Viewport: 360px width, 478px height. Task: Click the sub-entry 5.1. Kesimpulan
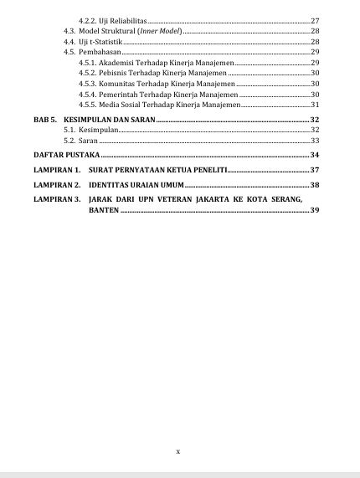pos(90,132)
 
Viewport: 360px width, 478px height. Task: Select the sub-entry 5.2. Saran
pos(82,143)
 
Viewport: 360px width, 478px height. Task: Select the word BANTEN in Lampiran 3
pos(103,210)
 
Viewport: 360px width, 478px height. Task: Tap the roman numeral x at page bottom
pos(178,451)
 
